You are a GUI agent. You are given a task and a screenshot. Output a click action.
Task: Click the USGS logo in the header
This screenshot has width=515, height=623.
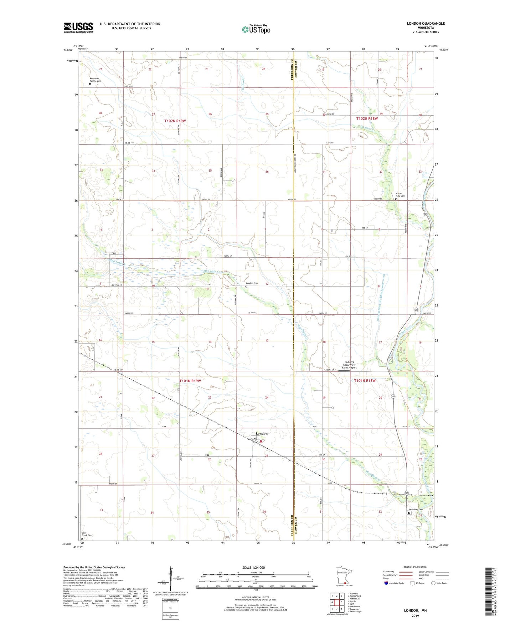pos(78,27)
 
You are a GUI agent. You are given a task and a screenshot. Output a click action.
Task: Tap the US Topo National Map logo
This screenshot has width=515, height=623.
pos(256,29)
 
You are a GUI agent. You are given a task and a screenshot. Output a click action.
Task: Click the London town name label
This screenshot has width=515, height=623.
pos(261,433)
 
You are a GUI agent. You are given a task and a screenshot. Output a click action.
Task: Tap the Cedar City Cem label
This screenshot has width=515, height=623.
pos(400,195)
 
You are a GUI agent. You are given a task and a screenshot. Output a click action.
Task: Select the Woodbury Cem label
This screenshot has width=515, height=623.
pos(416,509)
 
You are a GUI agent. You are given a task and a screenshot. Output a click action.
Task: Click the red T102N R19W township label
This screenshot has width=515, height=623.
pos(175,121)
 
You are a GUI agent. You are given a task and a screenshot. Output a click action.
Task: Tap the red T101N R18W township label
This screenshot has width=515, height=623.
pos(365,381)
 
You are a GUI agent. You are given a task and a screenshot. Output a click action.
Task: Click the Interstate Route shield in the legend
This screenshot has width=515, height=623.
pos(387,583)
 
